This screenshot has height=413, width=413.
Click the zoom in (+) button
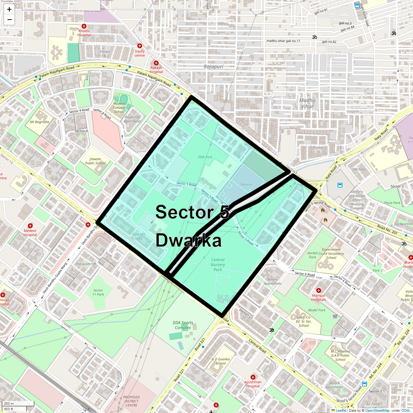tap(9, 10)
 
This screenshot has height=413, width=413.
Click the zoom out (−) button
tap(9, 20)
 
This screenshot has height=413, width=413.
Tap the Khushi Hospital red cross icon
tap(84, 26)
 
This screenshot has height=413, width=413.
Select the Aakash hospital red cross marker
tap(156, 63)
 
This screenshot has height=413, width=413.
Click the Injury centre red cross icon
tap(140, 46)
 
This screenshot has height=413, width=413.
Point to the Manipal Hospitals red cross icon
tap(319, 290)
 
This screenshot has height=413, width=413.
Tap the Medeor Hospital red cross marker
tap(30, 226)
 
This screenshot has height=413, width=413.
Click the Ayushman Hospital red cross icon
tap(253, 377)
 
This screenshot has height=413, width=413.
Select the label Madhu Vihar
tap(307, 103)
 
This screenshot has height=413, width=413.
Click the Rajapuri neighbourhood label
tap(213, 67)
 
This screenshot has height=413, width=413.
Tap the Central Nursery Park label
tap(218, 265)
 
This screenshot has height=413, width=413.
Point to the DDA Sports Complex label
tap(183, 325)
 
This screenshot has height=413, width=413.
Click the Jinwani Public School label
tap(95, 161)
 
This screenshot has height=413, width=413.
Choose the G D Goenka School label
tap(221, 361)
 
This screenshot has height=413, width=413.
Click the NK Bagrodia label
tap(39, 122)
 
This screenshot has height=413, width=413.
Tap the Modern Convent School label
tap(119, 107)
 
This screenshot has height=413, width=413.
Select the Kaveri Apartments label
tap(273, 282)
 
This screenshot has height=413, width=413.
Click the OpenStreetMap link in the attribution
tap(377, 410)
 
